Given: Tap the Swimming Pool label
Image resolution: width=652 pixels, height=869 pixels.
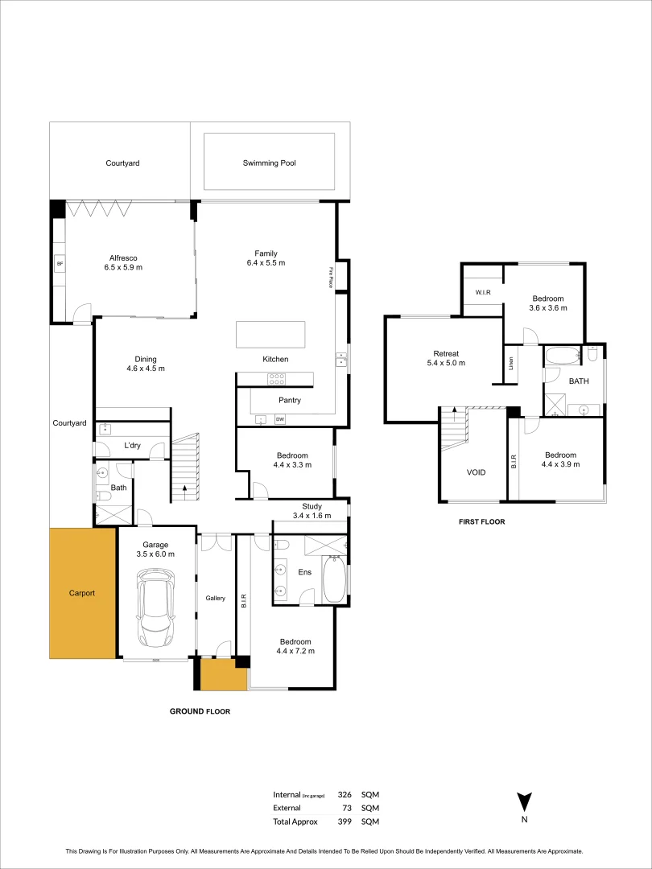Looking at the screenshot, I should click(x=270, y=163).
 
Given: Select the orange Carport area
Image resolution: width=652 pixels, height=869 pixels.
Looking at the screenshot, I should click(x=81, y=593).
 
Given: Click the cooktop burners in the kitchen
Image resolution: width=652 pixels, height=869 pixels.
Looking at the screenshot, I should click(x=277, y=379).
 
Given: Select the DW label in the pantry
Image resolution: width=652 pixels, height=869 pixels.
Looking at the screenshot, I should click(x=280, y=420).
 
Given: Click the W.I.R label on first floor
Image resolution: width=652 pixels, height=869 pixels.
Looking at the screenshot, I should click(x=483, y=292).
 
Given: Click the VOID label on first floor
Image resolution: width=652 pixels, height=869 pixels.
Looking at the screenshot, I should click(x=476, y=472).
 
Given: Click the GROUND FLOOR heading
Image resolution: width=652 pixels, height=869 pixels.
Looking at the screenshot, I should click(x=200, y=711).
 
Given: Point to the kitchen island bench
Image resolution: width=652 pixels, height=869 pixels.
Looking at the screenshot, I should click(x=270, y=334).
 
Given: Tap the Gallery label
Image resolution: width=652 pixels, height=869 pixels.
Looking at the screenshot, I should click(x=215, y=598).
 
